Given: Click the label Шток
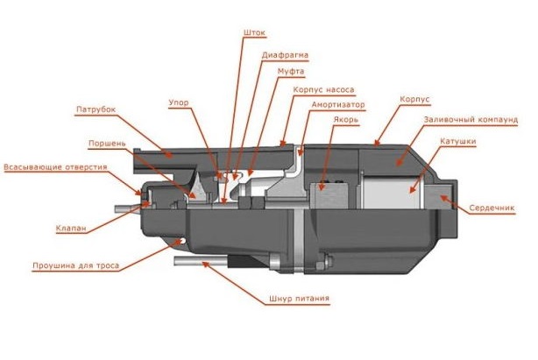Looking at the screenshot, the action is point(254,32).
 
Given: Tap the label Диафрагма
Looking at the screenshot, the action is point(285,55).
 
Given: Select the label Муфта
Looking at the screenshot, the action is point(291,72).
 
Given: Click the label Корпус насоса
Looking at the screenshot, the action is point(323,90).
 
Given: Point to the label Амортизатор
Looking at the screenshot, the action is point(337,104).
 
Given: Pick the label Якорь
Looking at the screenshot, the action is point(345,120).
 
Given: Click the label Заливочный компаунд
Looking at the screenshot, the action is point(471,120).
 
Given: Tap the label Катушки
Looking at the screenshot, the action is point(457,142).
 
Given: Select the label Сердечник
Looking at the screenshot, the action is point(492,208).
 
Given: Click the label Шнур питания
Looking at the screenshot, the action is point(299,299).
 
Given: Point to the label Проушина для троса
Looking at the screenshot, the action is point(76,265).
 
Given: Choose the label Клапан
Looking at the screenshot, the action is point(71,229).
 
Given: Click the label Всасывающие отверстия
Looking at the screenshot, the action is point(55,167).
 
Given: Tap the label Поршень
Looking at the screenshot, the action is point(107,144).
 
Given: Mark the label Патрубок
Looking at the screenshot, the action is point(96,109).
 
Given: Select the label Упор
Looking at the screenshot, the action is point(179,102).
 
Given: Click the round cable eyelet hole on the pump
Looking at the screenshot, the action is point(182,241).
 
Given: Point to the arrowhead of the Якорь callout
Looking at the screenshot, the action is point(322,186).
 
